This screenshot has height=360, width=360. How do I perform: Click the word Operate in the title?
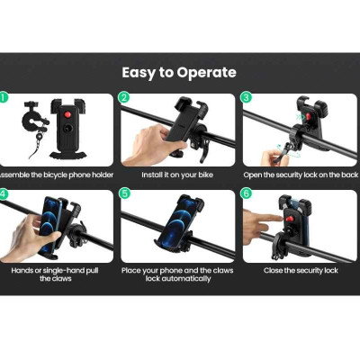(x=206, y=73)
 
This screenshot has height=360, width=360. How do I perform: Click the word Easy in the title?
(x=139, y=74)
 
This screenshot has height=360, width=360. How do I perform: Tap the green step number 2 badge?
(x=123, y=98)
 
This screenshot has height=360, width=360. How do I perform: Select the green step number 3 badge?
(x=246, y=98)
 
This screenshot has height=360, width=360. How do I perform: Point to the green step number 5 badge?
(x=123, y=193)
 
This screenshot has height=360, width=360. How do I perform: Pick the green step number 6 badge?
(x=246, y=193)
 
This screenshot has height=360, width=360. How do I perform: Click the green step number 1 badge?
(x=3, y=98)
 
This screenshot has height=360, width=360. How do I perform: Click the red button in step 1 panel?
(x=67, y=114)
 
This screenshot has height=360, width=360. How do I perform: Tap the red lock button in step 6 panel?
(x=289, y=218)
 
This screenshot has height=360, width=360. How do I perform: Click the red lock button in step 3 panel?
(x=309, y=116)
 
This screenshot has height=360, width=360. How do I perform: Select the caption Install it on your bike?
(x=177, y=175)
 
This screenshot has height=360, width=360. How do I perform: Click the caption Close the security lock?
(x=301, y=271)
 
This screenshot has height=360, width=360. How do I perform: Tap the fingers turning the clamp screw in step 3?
(x=274, y=156)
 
